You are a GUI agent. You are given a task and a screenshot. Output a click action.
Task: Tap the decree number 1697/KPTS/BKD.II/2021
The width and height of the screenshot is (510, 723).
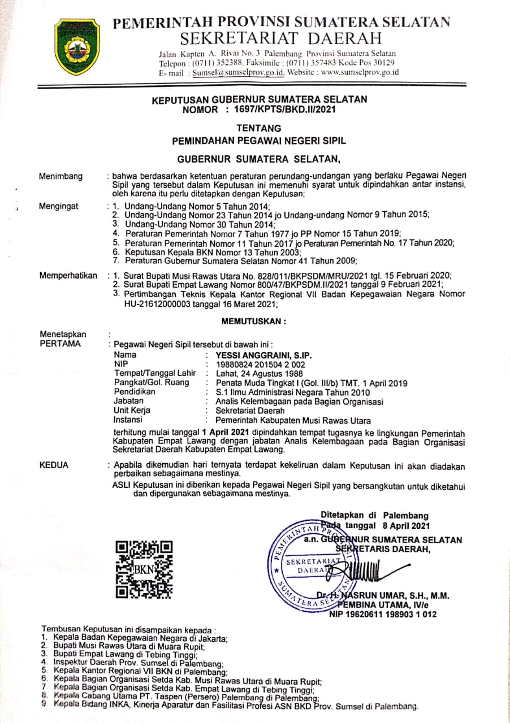[286, 110]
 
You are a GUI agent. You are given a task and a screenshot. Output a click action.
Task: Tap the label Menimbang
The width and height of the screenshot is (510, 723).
[60, 176]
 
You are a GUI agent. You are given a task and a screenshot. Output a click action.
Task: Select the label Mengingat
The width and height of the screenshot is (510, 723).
[59, 206]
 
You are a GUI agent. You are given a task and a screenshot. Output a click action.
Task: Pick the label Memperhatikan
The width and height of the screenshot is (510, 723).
[68, 275]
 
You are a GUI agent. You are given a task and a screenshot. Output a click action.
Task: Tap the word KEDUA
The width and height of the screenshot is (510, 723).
[54, 465]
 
